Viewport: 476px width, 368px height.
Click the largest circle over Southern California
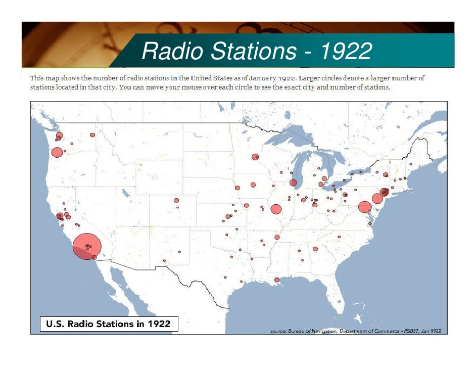[87, 247]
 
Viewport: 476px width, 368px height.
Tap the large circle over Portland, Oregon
[57, 152]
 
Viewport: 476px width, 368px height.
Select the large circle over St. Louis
[276, 209]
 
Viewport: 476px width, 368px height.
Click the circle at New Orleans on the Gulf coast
[277, 280]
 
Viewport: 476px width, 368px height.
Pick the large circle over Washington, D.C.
[364, 207]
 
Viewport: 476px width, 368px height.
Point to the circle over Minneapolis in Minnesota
[255, 157]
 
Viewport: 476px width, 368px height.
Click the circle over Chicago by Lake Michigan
[293, 182]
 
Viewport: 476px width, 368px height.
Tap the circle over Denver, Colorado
[176, 201]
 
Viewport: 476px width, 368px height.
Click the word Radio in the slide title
[172, 51]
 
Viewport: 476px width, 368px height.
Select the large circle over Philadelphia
[377, 199]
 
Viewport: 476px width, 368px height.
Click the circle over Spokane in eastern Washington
[92, 135]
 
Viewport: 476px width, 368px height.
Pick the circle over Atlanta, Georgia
[315, 249]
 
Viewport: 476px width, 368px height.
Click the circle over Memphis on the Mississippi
[277, 237]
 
